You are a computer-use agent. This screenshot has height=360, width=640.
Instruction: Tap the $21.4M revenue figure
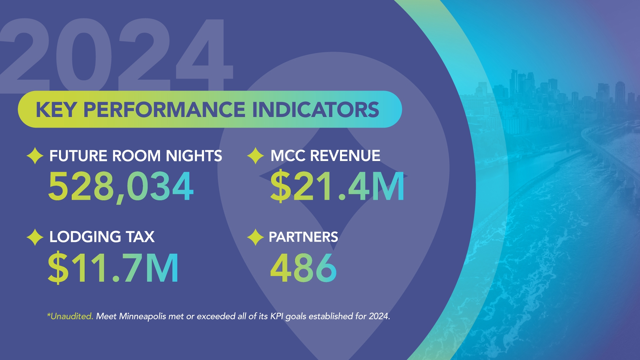pyautogui.click(x=337, y=186)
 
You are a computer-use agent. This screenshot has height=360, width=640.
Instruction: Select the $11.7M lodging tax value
pyautogui.click(x=113, y=268)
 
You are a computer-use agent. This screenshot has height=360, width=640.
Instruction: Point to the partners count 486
pyautogui.click(x=303, y=268)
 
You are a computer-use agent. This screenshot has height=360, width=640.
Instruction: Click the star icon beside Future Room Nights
pyautogui.click(x=35, y=156)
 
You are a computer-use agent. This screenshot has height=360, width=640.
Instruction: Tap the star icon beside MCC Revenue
pyautogui.click(x=256, y=156)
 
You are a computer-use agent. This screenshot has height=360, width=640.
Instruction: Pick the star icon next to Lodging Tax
pyautogui.click(x=35, y=237)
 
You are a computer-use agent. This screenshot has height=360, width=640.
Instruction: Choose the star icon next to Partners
pyautogui.click(x=256, y=237)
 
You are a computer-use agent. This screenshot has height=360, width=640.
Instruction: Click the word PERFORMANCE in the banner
pyautogui.click(x=164, y=110)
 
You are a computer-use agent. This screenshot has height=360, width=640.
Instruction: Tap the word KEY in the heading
pyautogui.click(x=56, y=110)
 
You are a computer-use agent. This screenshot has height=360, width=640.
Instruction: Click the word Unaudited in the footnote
pyautogui.click(x=71, y=316)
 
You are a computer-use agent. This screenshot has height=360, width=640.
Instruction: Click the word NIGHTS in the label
pyautogui.click(x=194, y=156)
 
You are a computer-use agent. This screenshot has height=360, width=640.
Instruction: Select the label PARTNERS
pyautogui.click(x=303, y=237)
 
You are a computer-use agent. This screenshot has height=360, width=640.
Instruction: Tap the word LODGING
pyautogui.click(x=85, y=237)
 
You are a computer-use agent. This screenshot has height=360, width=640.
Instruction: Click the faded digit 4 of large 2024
pyautogui.click(x=205, y=57)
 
